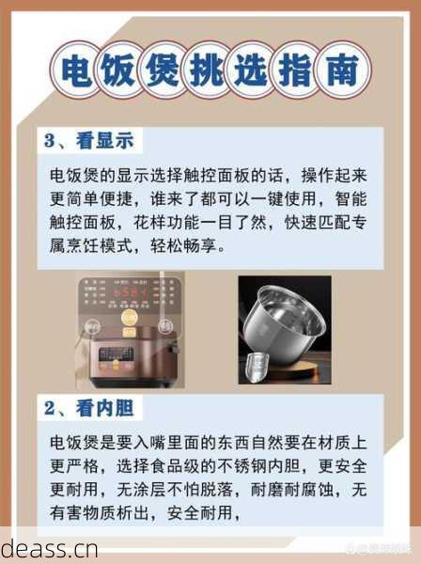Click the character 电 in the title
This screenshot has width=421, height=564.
tap(74, 70)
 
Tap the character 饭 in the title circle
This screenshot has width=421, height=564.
tap(119, 70)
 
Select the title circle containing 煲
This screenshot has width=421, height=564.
tap(164, 70)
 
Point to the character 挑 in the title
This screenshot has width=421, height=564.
tap(210, 70)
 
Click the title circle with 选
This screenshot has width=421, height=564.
tap(255, 70)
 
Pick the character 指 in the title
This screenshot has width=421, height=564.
tap(300, 70)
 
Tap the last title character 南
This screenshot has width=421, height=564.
tap(345, 70)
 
